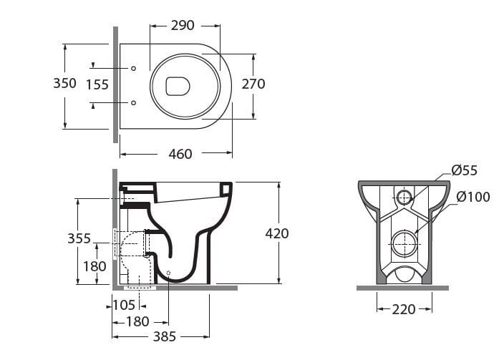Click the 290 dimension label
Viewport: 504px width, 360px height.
coord(183,25)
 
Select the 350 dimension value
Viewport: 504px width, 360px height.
coord(64,83)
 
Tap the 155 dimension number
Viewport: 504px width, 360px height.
coord(97,84)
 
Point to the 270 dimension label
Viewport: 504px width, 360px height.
coord(253,84)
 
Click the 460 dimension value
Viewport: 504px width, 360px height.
coord(180,154)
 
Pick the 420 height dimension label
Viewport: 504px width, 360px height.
coord(276,233)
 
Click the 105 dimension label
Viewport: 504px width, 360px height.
coord(124,306)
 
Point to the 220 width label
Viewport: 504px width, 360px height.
coord(404,310)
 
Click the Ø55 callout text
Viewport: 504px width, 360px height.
coord(464,170)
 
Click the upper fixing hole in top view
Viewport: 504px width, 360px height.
coord(134,68)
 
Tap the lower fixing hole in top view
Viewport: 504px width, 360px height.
coord(134,103)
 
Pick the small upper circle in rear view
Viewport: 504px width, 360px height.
coord(404,197)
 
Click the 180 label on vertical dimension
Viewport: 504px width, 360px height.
coord(94,266)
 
